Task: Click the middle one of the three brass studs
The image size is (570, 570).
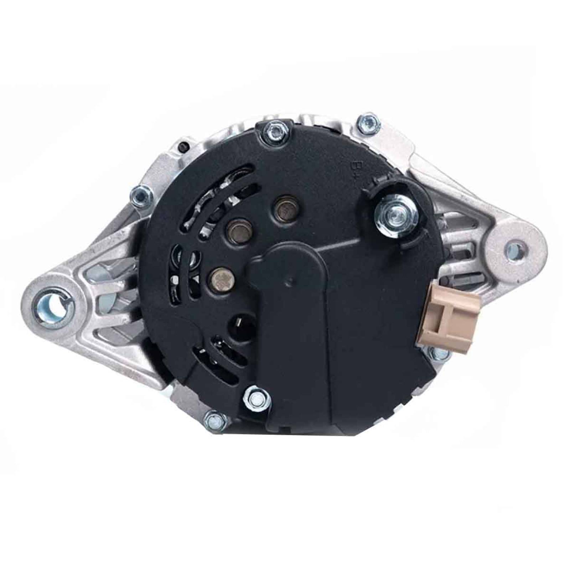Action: [x=236, y=227]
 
